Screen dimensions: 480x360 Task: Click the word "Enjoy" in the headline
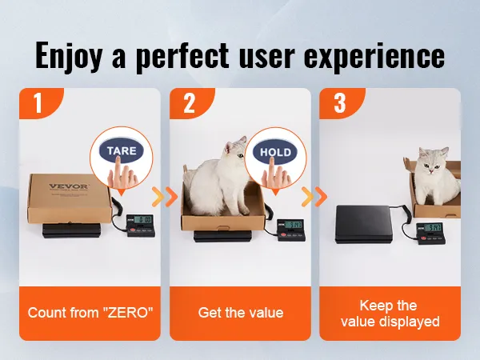68,56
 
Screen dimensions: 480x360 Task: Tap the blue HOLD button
275,152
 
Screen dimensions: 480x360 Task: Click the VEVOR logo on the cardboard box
69,186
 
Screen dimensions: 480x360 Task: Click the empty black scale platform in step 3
364,224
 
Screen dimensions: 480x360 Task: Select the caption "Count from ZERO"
90,313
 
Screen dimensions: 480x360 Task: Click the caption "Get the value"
241,313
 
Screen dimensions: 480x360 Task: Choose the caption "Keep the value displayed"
390,314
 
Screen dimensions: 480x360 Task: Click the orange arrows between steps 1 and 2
165,197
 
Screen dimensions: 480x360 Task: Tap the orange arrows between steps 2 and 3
314,197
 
